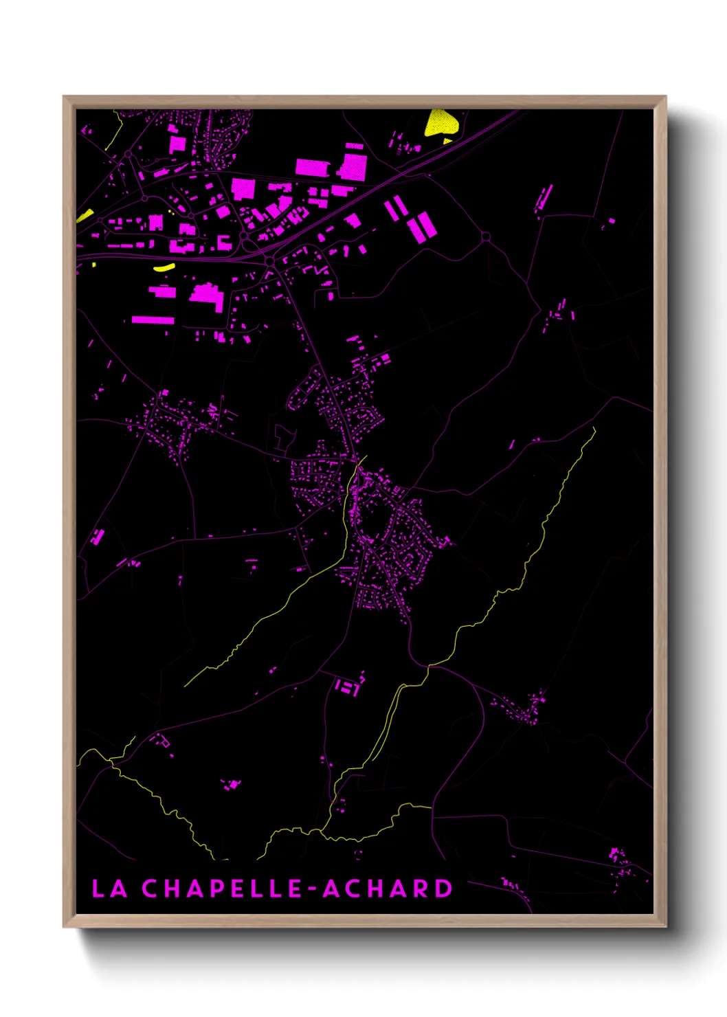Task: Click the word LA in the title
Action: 109,889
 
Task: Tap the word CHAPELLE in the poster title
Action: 222,889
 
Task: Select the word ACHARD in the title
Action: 388,889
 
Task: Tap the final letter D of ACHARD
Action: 443,889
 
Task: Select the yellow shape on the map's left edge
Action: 85,215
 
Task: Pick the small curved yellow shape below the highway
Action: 164,267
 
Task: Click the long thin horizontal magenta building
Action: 153,320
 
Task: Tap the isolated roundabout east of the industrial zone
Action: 486,236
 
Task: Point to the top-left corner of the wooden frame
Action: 65,98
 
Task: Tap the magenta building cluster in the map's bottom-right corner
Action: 619,862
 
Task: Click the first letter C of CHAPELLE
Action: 150,889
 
